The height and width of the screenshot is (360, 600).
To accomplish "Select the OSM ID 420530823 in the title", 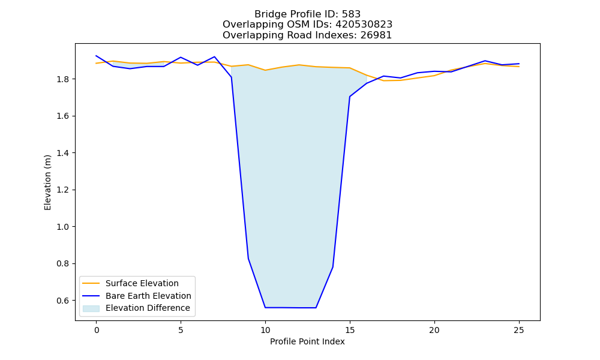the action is coord(364,25).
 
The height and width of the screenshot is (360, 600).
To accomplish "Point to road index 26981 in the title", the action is coord(376,35).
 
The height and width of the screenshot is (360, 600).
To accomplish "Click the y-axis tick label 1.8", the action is coord(64,79).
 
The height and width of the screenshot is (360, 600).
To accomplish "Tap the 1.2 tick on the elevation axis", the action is coord(64,190).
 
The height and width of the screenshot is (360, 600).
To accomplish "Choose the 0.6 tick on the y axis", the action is coord(64,301).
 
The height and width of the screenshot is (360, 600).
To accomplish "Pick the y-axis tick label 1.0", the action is coord(64,227).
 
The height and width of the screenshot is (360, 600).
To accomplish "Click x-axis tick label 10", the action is coord(265,330).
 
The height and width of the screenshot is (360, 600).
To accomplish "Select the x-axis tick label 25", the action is coord(519,330).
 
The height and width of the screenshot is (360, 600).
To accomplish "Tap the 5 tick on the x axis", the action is coord(181,330).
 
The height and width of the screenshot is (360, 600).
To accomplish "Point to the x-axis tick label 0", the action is coord(96,330).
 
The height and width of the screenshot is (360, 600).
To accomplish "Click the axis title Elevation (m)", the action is coord(47,182).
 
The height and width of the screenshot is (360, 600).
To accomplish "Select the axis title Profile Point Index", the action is coord(307,341).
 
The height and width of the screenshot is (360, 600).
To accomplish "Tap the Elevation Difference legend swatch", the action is coord(91,308).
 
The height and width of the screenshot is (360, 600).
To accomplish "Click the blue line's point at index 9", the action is coord(248,259).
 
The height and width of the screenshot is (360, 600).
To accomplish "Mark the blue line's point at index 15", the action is coord(350,97).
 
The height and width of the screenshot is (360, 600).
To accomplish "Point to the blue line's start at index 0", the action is coord(96,56).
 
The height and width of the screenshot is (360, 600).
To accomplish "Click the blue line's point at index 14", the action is coord(333,267).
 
